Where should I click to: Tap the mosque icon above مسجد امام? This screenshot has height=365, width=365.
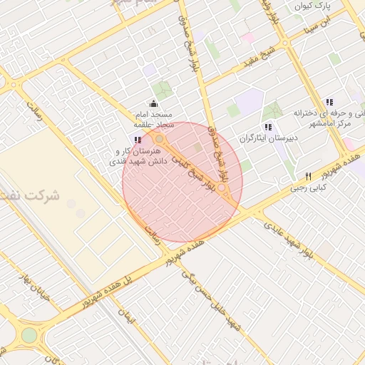(x=153, y=103)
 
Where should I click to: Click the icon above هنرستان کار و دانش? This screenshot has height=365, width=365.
(x=137, y=140)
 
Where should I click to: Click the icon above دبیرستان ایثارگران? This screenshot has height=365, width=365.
(x=268, y=126)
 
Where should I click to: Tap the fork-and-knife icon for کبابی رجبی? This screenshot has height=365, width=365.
(x=308, y=176)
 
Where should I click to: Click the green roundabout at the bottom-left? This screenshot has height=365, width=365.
(x=29, y=335)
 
